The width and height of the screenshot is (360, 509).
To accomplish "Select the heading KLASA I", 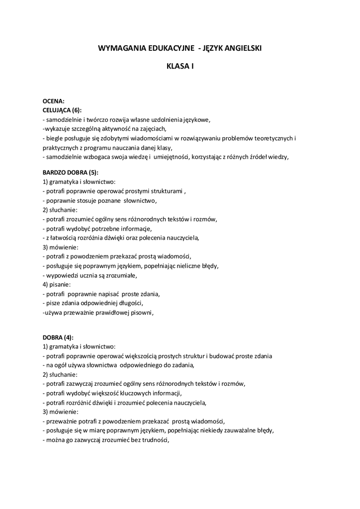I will pyautogui.click(x=180, y=65).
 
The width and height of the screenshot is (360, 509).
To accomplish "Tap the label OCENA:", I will pyautogui.click(x=53, y=101).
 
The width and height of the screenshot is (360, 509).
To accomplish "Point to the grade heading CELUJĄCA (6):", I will pyautogui.click(x=62, y=110).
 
